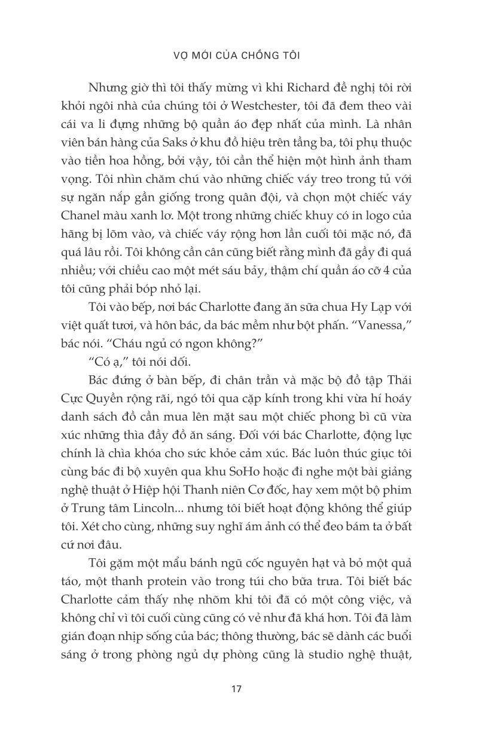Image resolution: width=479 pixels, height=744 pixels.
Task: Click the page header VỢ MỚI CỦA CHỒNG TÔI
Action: tap(239, 56)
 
